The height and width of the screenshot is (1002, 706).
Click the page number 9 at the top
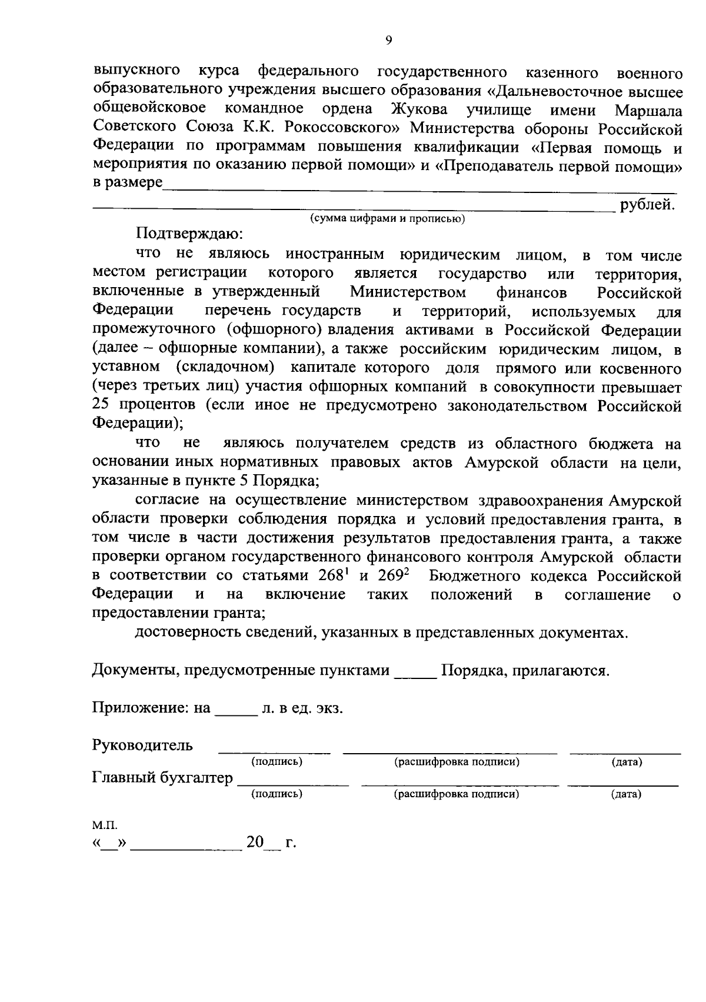coord(388,40)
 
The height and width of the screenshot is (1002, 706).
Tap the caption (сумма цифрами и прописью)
coord(388,219)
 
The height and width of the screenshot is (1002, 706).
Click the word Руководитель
coord(142,745)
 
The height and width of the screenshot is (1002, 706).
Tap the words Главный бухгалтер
coord(162,778)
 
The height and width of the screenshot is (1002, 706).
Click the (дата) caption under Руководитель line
coord(626,763)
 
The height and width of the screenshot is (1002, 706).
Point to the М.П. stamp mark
coord(101,825)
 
